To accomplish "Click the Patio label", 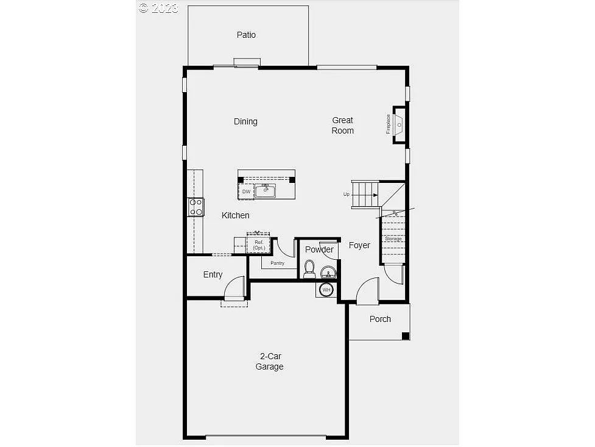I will [246, 35].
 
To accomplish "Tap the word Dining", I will [245, 121].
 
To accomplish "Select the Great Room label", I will [342, 125].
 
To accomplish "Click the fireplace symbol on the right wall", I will [399, 124].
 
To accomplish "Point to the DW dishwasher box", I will [246, 191].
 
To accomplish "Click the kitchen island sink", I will [265, 191].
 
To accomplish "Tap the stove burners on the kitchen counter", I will [196, 207].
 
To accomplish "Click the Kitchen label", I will [235, 215].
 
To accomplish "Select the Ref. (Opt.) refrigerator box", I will [259, 245].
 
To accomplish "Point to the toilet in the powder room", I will [309, 268].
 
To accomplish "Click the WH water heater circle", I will [326, 290].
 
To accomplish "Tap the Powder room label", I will [319, 249].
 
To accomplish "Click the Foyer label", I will [359, 245].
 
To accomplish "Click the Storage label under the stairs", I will [393, 238].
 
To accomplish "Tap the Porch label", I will [380, 319].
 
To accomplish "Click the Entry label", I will [213, 274].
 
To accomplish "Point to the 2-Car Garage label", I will [269, 361].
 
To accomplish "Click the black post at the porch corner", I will [406, 335].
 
